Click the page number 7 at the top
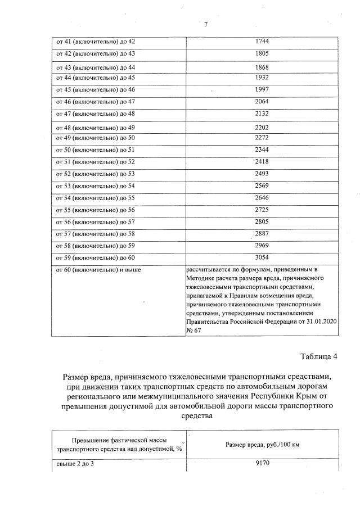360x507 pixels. [206, 24]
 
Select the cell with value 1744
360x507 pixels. [262, 42]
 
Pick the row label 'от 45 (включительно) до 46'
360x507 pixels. [95, 90]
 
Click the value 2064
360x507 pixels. [262, 101]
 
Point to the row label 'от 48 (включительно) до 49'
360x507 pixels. [95, 128]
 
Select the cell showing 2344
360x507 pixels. [262, 150]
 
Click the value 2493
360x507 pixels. [262, 174]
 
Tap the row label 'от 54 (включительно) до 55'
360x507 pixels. [95, 198]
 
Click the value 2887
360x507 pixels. [262, 233]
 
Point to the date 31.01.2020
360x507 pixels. [320, 321]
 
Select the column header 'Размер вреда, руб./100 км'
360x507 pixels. [262, 445]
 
